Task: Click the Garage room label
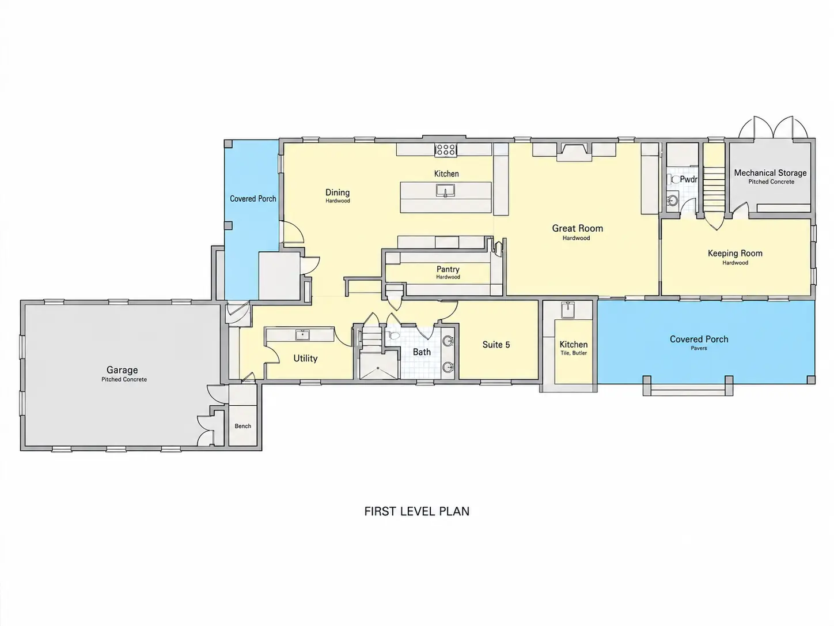pos(122,370)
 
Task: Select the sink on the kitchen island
pos(445,190)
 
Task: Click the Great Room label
pos(577,228)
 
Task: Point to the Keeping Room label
pos(735,253)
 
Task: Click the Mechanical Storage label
pos(770,173)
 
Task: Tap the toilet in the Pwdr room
pos(676,179)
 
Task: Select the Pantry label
pos(448,269)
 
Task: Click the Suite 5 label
pos(496,345)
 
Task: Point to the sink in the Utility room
pos(302,335)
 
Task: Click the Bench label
pos(243,426)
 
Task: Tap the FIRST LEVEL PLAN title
pos(417,511)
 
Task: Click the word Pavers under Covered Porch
pos(699,348)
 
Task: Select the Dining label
pos(338,193)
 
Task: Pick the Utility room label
pos(305,359)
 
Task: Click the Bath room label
pos(422,352)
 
